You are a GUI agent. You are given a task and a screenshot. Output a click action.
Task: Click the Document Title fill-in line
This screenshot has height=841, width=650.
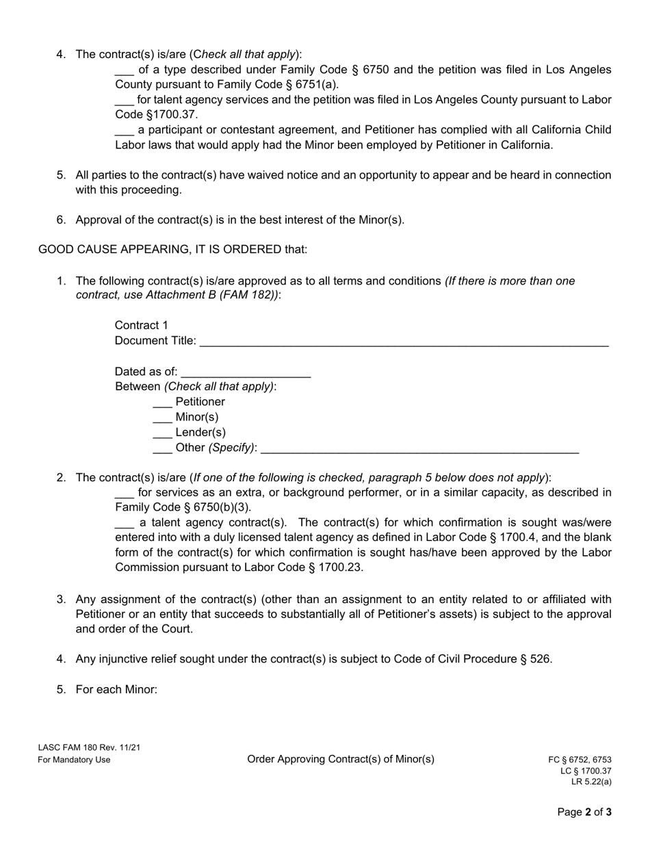(x=404, y=343)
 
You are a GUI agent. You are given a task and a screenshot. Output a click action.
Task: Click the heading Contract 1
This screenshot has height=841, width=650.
(x=141, y=325)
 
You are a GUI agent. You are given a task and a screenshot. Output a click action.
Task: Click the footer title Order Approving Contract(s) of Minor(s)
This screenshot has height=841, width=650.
(x=341, y=759)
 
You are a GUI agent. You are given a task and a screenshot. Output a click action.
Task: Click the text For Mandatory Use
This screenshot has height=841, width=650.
(x=74, y=760)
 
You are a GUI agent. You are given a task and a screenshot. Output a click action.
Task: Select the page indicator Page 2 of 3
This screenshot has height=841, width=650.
(x=584, y=812)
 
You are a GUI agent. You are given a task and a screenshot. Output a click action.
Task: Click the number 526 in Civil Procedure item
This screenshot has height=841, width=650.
(x=540, y=659)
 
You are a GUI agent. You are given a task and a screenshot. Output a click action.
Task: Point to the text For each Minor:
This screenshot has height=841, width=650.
(x=116, y=689)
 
